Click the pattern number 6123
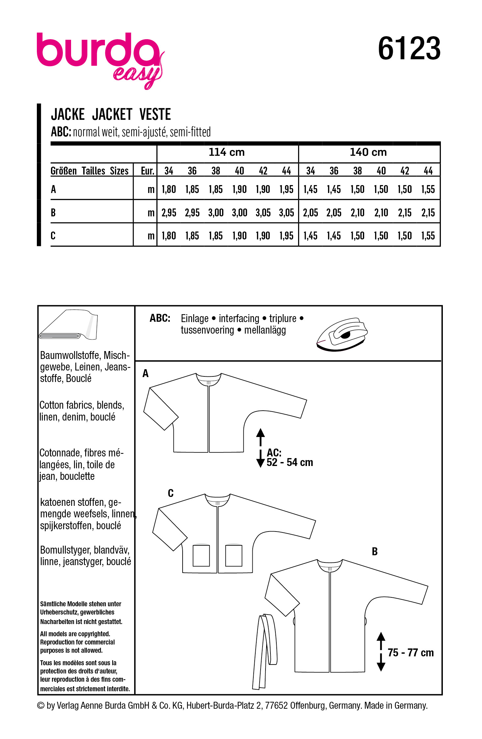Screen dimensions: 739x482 click(x=409, y=49)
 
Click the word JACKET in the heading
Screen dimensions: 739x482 click(x=112, y=115)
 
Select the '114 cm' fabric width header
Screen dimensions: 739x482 click(x=227, y=152)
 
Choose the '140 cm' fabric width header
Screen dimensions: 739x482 click(x=368, y=152)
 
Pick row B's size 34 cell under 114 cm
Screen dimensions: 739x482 click(x=169, y=213)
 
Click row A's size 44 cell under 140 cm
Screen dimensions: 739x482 click(x=428, y=189)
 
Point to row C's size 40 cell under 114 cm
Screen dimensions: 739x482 click(x=239, y=236)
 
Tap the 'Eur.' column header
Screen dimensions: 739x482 click(x=147, y=171)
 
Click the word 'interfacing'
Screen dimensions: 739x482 click(x=239, y=318)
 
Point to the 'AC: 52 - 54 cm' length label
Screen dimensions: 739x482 click(x=290, y=457)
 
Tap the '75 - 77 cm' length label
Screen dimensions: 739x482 click(x=411, y=653)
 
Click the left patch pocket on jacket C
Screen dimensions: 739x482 click(x=201, y=556)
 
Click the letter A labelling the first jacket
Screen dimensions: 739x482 click(x=145, y=373)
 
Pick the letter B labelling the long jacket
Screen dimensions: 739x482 click(x=374, y=552)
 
